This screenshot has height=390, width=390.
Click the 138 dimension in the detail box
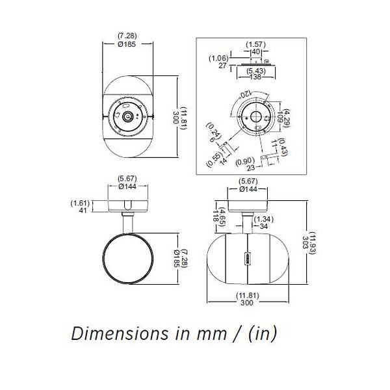[x=255, y=76]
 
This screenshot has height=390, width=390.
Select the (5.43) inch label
[x=255, y=68]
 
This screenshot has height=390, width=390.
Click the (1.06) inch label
[x=218, y=57]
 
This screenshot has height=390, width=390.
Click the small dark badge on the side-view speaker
[x=247, y=257]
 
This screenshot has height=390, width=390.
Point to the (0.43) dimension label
[x=285, y=148]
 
